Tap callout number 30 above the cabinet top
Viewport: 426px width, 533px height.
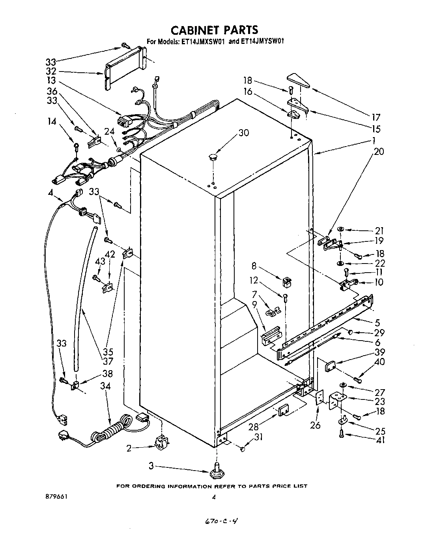coord(244,133)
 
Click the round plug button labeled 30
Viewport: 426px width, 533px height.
coord(214,157)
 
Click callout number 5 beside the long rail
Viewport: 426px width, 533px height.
coord(377,323)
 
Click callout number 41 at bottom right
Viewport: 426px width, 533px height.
coord(380,440)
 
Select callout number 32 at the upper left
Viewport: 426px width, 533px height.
coord(51,72)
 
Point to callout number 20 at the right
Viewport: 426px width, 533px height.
coord(379,151)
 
